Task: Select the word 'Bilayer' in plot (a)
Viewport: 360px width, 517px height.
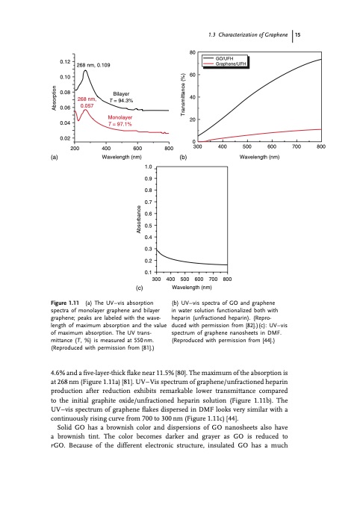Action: click(120, 93)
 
